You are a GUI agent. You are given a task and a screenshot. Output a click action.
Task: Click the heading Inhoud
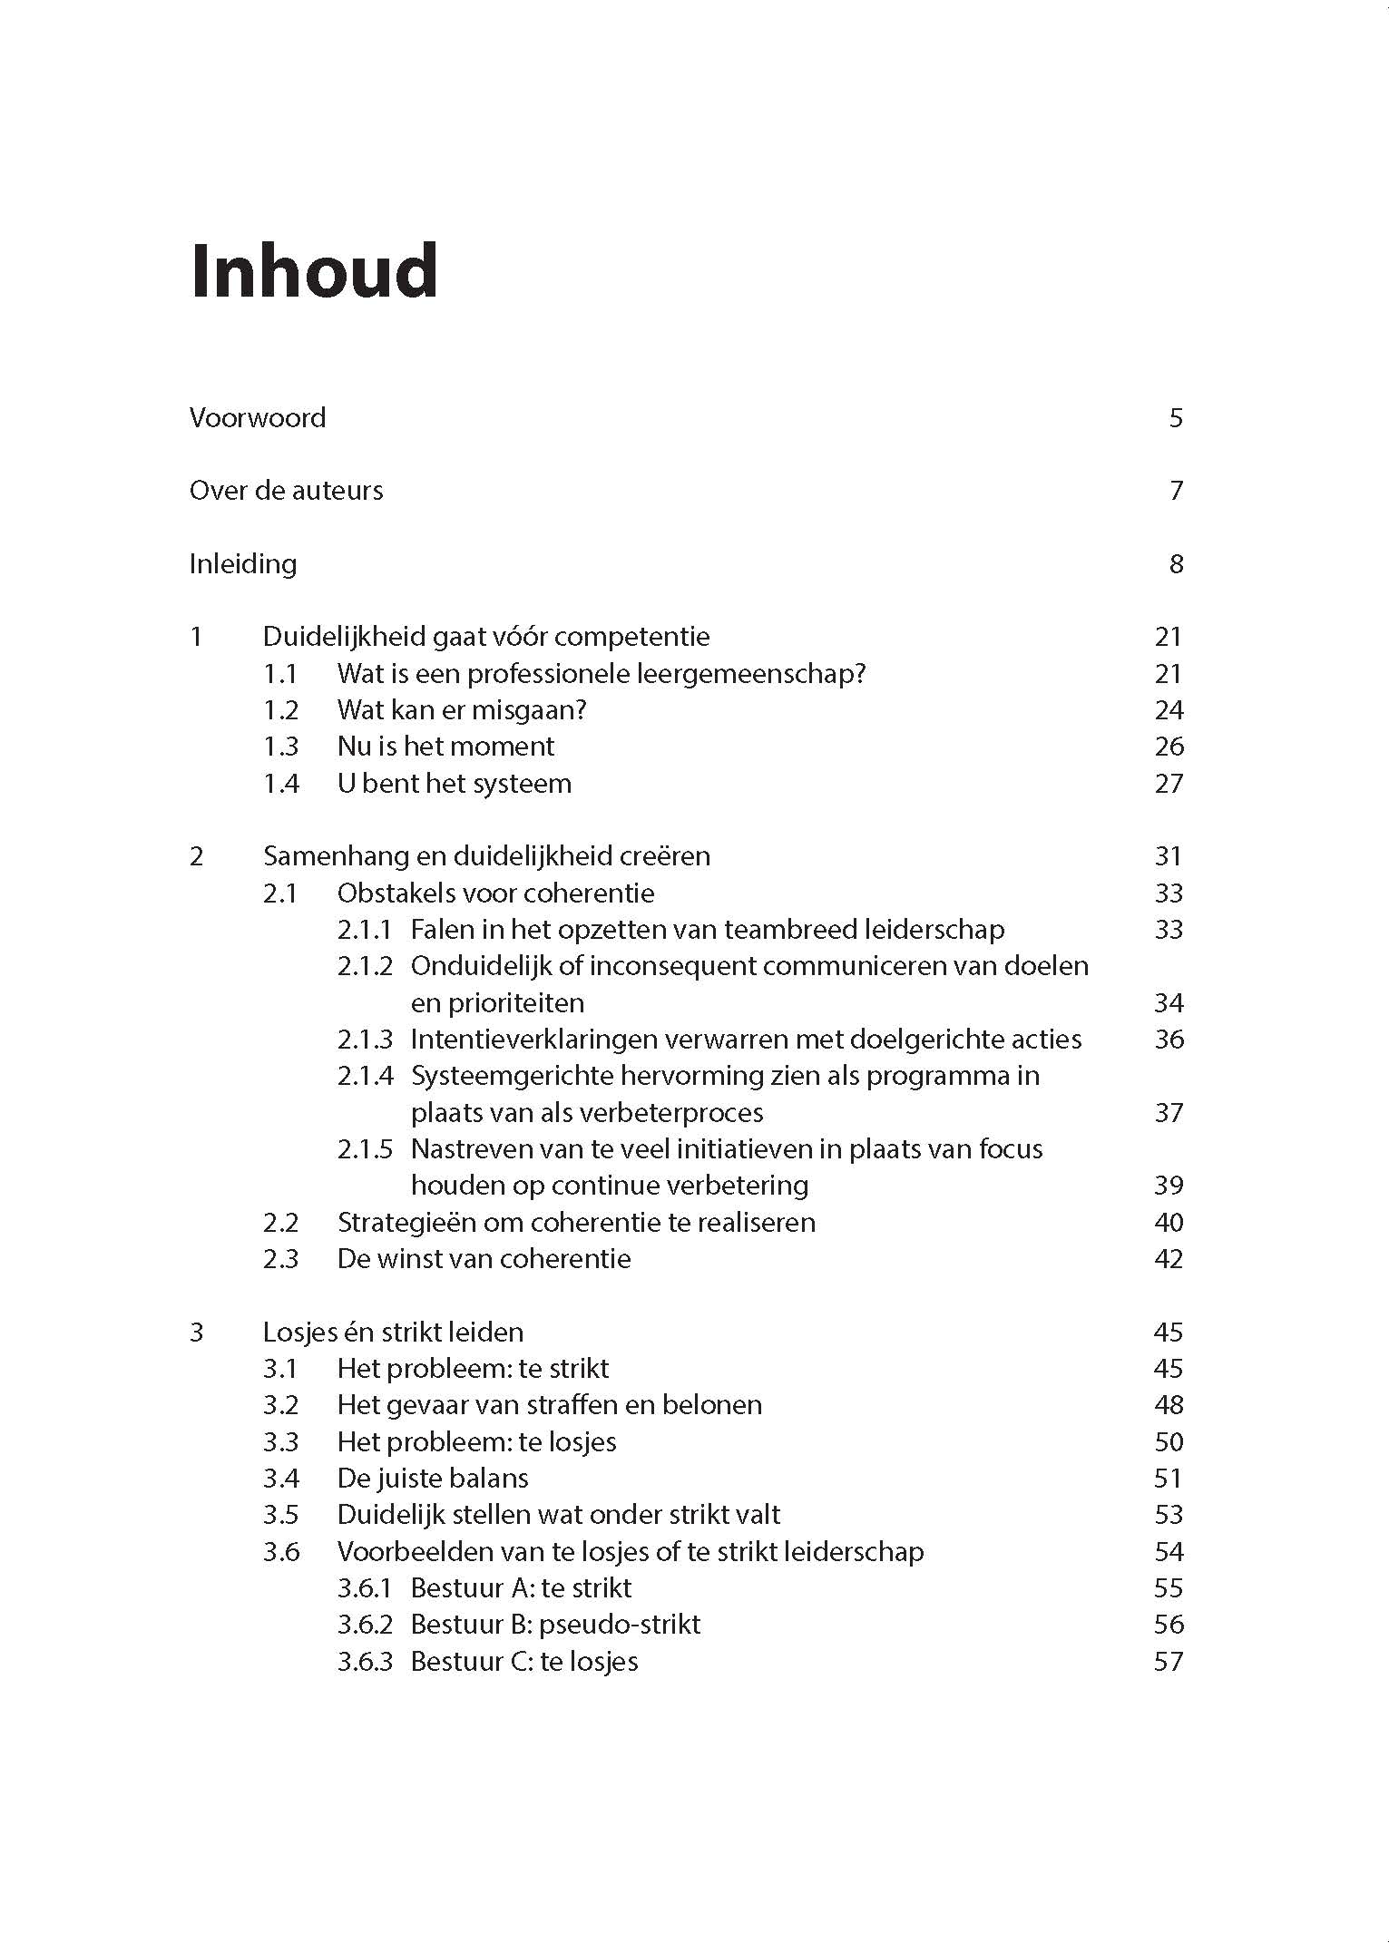tap(314, 271)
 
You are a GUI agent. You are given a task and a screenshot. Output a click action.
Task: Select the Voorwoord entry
tap(258, 418)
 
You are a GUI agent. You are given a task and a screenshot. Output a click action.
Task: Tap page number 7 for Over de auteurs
tap(1176, 491)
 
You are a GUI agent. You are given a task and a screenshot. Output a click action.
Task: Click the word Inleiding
tap(243, 564)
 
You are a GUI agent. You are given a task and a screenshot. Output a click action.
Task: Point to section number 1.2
tap(280, 710)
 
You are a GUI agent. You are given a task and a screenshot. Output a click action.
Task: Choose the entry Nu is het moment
tap(445, 747)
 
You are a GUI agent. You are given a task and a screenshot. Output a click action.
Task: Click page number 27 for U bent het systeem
tap(1169, 784)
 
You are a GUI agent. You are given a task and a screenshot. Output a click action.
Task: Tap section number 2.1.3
tap(365, 1040)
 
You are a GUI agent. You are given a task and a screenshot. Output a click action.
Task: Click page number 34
tap(1169, 1003)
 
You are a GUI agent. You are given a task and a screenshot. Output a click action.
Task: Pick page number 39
tap(1169, 1186)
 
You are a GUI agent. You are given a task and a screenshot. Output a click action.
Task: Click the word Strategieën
tap(406, 1223)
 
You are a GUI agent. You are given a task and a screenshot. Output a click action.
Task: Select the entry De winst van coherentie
tap(484, 1259)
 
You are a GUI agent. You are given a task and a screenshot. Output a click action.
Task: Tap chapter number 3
tap(197, 1333)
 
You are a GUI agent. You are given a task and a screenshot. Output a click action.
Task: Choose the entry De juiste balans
tap(433, 1479)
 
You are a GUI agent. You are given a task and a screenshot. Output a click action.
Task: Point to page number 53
tap(1169, 1515)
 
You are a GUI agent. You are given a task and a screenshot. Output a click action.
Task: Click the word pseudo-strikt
tap(619, 1625)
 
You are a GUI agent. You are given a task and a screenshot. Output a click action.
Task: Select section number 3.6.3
tap(365, 1662)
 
